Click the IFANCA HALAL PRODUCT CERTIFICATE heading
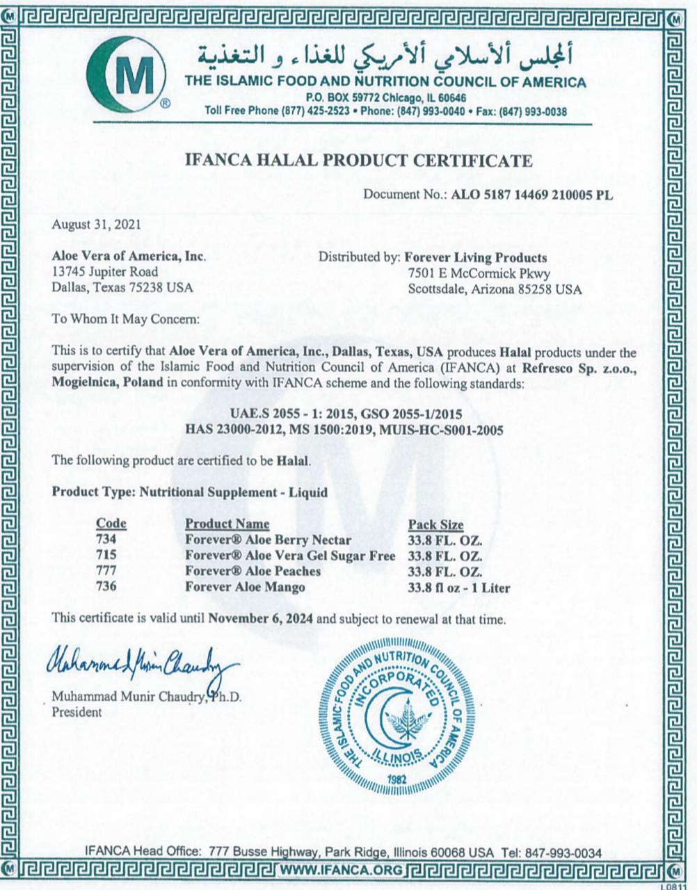358,161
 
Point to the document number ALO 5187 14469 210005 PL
532,195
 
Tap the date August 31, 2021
96,225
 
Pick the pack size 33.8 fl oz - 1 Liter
458,588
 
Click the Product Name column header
227,524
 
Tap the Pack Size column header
435,524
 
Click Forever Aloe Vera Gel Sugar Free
289,556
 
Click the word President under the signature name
77,712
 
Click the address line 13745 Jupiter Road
105,272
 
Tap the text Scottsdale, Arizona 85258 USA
495,289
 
